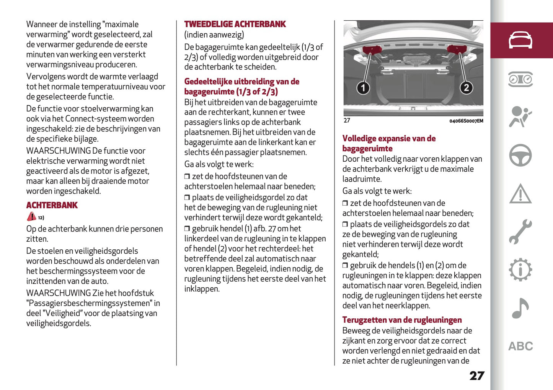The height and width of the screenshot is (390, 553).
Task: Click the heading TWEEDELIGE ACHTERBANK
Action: (235, 24)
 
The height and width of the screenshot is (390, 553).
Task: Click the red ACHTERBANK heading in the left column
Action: (52, 205)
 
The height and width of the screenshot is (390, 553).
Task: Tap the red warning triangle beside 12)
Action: (31, 217)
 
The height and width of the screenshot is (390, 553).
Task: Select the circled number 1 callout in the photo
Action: (363, 88)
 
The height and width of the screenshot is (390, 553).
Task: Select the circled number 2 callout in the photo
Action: (466, 88)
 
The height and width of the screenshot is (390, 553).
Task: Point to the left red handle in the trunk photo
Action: (371, 50)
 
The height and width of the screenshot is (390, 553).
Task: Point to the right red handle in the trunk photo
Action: (457, 49)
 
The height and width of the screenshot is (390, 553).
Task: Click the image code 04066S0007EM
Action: (466, 121)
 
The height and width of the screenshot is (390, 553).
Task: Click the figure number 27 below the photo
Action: (347, 121)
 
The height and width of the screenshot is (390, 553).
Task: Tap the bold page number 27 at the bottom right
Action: (477, 376)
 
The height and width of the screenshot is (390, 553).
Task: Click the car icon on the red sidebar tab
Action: (520, 40)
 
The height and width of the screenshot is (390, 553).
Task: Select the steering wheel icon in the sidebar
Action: (520, 155)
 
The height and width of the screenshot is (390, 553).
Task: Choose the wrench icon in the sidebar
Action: (520, 232)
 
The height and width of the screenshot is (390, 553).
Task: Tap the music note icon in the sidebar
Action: (520, 308)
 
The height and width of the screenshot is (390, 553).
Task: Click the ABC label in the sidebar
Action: (520, 346)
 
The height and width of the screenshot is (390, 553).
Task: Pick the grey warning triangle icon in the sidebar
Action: (520, 194)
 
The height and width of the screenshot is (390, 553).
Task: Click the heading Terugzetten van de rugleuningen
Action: (402, 320)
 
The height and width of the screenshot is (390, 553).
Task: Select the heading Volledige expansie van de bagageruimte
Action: (389, 143)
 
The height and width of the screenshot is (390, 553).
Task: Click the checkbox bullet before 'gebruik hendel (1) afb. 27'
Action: (187, 229)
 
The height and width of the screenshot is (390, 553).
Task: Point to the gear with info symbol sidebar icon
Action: (520, 270)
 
